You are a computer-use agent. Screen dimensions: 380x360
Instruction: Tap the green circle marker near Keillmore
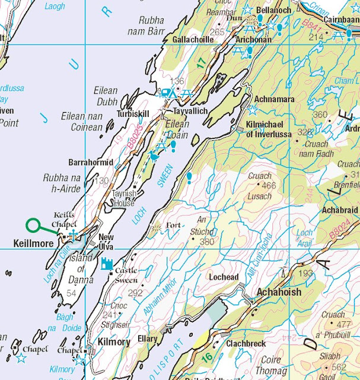point(33,225)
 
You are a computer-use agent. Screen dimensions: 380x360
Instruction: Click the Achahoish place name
point(279,293)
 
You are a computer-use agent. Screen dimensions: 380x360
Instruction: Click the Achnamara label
point(274,99)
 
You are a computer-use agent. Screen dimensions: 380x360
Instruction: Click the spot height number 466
point(269,186)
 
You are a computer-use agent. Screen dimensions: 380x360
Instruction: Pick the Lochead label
point(224,277)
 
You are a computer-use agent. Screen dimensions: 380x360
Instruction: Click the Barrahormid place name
point(91,161)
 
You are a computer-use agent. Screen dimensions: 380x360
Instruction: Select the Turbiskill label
point(133,113)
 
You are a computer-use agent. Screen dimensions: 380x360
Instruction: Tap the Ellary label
point(147,339)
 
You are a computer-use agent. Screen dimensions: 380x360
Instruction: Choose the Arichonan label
point(254,39)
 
